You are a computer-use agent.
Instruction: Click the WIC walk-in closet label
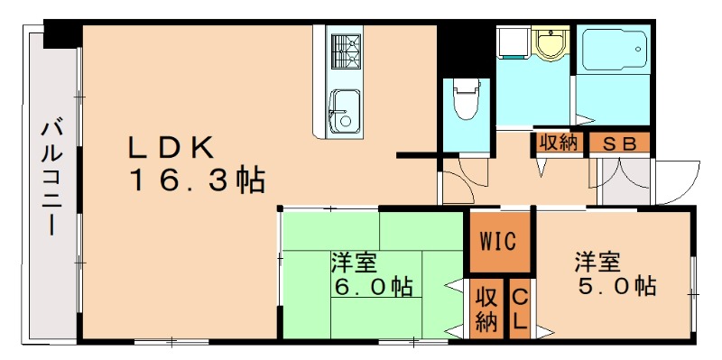click(497, 241)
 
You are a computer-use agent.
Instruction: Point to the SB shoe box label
click(619, 143)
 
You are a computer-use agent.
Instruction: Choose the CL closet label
click(521, 309)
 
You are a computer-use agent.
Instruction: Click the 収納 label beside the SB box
click(560, 143)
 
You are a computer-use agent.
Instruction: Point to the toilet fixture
click(466, 98)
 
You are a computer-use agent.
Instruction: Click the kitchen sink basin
click(344, 108)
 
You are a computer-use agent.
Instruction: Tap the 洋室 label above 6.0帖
click(354, 263)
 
